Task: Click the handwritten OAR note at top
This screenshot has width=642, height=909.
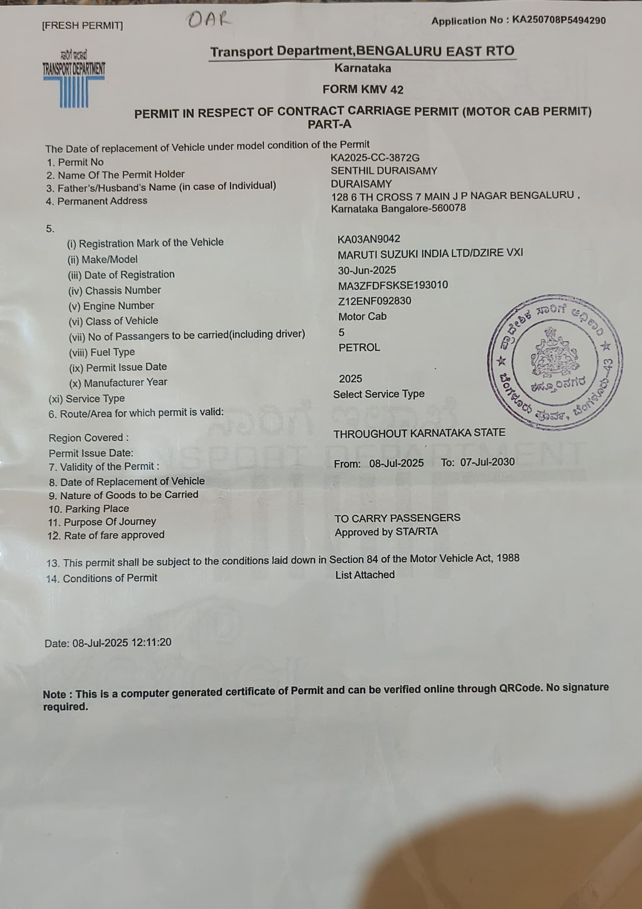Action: (209, 19)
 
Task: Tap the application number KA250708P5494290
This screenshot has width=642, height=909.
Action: (558, 20)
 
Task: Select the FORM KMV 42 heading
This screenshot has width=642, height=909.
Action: (363, 89)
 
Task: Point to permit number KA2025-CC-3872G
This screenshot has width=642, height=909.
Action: (375, 158)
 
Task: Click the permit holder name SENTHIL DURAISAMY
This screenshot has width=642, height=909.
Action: (384, 171)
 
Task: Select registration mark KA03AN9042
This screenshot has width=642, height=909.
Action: (368, 239)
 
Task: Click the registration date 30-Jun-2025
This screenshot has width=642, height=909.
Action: (366, 271)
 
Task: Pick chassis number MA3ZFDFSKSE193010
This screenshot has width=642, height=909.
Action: (393, 285)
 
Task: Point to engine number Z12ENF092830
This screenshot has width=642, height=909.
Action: (374, 301)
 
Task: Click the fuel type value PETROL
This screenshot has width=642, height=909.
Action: (359, 348)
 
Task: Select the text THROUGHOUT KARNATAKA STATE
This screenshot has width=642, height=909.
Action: (419, 433)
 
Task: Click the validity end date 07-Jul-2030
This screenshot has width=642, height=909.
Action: (487, 462)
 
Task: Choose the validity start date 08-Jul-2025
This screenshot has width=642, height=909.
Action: (396, 463)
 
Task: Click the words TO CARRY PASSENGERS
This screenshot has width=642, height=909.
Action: (397, 518)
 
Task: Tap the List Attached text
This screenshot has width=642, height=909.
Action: (365, 575)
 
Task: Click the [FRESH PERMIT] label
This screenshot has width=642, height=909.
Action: (82, 26)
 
